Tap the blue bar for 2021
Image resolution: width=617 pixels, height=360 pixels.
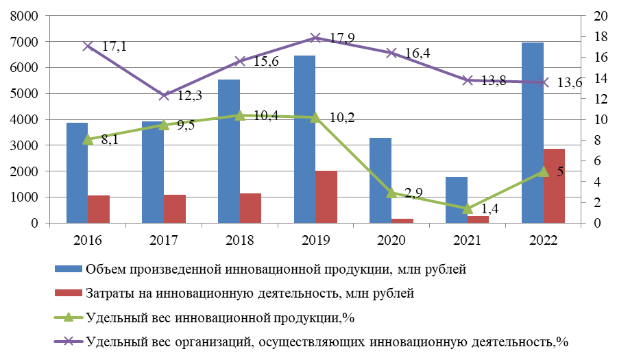456,200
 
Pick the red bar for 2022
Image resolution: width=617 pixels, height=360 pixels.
553,186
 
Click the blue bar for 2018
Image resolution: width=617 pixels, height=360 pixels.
228,151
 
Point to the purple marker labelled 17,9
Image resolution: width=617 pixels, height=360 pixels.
315,38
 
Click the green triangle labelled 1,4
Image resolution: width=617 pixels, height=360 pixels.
467,208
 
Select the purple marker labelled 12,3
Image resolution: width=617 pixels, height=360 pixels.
164,95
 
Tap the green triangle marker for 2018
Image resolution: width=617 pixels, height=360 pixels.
239,115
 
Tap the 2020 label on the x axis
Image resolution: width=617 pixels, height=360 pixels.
391,239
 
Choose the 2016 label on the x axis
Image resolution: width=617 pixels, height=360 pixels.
88,239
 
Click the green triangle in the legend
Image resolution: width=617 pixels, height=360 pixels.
68,317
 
